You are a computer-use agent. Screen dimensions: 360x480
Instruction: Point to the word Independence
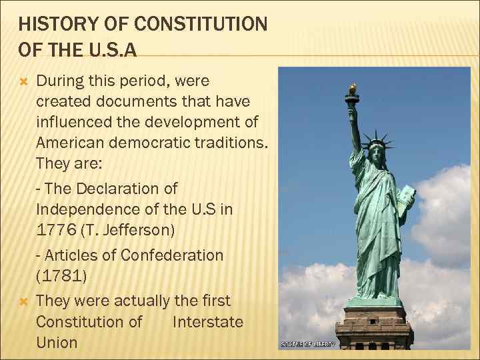coord(90,209)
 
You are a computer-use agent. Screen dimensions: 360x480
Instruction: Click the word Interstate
coord(207,322)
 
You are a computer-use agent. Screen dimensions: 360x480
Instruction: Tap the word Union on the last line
coord(57,343)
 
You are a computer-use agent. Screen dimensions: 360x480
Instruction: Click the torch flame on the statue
coord(352,88)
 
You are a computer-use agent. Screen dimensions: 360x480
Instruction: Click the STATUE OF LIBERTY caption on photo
coord(308,344)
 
